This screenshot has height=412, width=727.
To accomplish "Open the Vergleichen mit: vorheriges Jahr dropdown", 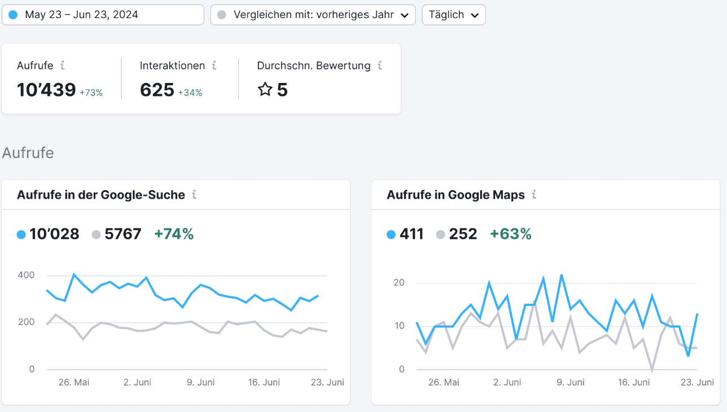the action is pyautogui.click(x=313, y=15).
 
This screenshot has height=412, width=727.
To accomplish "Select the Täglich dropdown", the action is pyautogui.click(x=454, y=15).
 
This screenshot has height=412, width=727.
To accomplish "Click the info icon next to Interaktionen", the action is pyautogui.click(x=214, y=65).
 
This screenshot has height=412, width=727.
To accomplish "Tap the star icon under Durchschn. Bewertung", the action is pyautogui.click(x=265, y=89).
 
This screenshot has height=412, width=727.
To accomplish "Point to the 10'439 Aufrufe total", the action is pyautogui.click(x=46, y=90).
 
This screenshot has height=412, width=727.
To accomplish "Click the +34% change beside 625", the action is pyautogui.click(x=190, y=93).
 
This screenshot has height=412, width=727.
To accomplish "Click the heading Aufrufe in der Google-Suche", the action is pyautogui.click(x=101, y=195).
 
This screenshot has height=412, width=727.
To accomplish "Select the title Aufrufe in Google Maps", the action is pyautogui.click(x=456, y=195).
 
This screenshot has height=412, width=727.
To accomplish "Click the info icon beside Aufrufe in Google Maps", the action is pyautogui.click(x=534, y=194).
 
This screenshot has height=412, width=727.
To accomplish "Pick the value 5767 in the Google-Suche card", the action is pyautogui.click(x=122, y=234).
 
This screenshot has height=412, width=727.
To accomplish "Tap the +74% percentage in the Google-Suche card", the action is pyautogui.click(x=174, y=234).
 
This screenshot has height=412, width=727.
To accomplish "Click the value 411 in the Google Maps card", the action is pyautogui.click(x=411, y=234).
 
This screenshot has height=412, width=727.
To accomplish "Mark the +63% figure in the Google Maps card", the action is pyautogui.click(x=511, y=234).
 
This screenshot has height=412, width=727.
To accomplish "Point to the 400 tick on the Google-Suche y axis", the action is pyautogui.click(x=26, y=275).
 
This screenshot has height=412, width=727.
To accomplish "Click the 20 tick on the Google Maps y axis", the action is pyautogui.click(x=399, y=283).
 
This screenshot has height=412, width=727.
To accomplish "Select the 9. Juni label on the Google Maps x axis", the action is pyautogui.click(x=570, y=382).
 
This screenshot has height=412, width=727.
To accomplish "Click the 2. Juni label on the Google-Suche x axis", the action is pyautogui.click(x=137, y=382).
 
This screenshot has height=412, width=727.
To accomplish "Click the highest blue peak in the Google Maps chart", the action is pyautogui.click(x=562, y=275).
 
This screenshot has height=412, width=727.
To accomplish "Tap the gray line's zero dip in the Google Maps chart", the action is pyautogui.click(x=652, y=370).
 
